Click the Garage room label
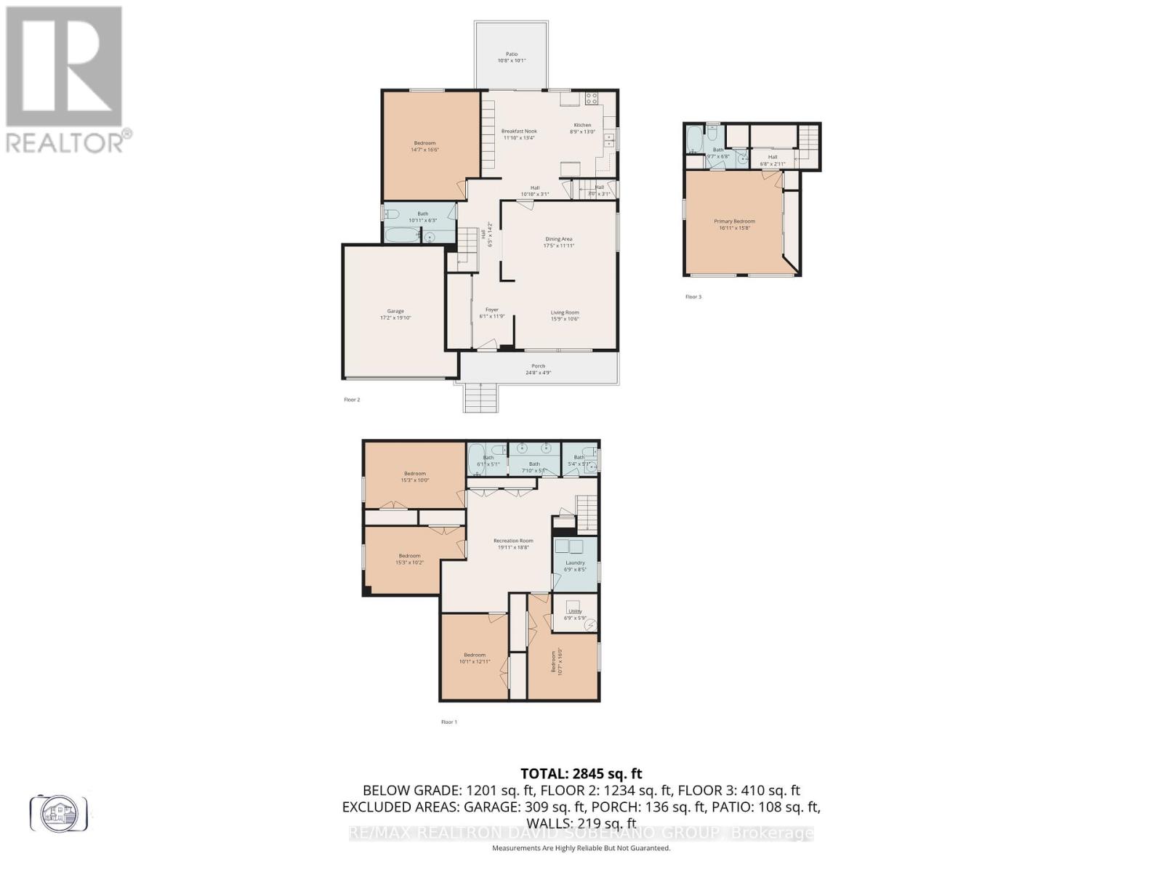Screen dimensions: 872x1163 [x=395, y=315]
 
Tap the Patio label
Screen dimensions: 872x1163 [x=512, y=57]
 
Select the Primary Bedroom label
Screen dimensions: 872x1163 [x=734, y=224]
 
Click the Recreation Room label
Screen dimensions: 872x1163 [x=513, y=544]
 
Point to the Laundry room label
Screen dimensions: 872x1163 [x=575, y=565]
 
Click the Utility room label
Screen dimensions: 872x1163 [x=574, y=614]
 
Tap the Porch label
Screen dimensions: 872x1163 [x=538, y=369]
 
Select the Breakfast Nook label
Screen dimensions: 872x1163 [x=519, y=134]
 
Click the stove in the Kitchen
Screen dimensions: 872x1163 [x=592, y=98]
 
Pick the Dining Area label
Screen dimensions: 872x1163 [x=559, y=242]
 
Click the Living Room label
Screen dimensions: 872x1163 [x=565, y=315]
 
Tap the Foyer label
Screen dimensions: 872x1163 [x=492, y=312]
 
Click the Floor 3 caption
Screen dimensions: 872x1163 [x=693, y=296]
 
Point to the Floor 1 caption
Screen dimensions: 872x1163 [x=449, y=722]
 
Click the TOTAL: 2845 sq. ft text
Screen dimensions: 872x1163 [x=581, y=774]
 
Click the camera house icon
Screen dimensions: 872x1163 [x=59, y=812]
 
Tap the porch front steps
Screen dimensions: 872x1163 [x=480, y=397]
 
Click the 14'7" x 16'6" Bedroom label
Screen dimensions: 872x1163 [x=425, y=146]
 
